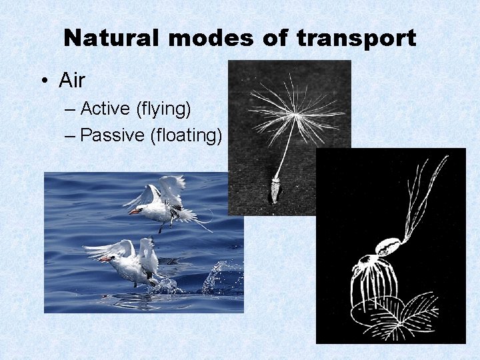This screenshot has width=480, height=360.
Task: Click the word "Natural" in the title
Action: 112,38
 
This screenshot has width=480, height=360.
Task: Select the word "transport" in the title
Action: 355,38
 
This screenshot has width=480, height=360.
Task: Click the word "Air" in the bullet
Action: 72,81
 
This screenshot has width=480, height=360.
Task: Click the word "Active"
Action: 106,108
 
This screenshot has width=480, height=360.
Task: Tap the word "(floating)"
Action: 186,135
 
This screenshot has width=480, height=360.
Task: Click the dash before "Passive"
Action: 71,135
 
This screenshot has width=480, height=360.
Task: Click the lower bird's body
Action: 133,267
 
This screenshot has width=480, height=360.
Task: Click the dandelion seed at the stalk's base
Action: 275,190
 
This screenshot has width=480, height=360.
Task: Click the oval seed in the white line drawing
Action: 388,247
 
